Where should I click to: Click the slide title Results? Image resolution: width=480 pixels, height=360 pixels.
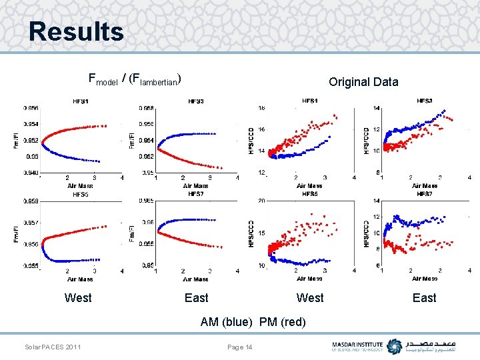tap(76, 31)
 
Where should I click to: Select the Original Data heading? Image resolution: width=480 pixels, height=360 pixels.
tap(363, 82)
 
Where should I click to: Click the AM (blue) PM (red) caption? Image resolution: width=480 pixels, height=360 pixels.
tap(253, 322)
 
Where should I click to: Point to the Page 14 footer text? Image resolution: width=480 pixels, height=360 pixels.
tap(240, 347)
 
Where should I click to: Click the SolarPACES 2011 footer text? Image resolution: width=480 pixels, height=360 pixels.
tap(53, 347)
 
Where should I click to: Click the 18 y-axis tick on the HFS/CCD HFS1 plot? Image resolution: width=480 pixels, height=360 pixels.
tap(261, 108)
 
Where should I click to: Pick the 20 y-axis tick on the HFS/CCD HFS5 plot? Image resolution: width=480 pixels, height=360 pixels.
tap(261, 201)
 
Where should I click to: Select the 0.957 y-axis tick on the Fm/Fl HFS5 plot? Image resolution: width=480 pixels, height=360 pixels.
tap(31, 223)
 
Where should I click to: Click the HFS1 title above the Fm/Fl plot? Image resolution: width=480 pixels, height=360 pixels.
tap(81, 101)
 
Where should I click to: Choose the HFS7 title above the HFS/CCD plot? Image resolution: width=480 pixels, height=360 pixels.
tap(424, 194)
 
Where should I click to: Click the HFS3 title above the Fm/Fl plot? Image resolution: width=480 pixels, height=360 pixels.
tap(196, 101)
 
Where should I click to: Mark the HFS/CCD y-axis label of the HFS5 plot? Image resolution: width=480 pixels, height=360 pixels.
tap(252, 233)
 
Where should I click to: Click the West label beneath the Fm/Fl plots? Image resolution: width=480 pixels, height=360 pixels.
tap(78, 298)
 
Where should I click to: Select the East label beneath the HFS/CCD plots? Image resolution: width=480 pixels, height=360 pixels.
tap(424, 298)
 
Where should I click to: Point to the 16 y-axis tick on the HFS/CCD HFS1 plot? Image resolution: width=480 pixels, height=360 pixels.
tap(261, 130)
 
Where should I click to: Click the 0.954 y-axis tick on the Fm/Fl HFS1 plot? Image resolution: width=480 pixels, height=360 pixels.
tap(31, 124)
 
